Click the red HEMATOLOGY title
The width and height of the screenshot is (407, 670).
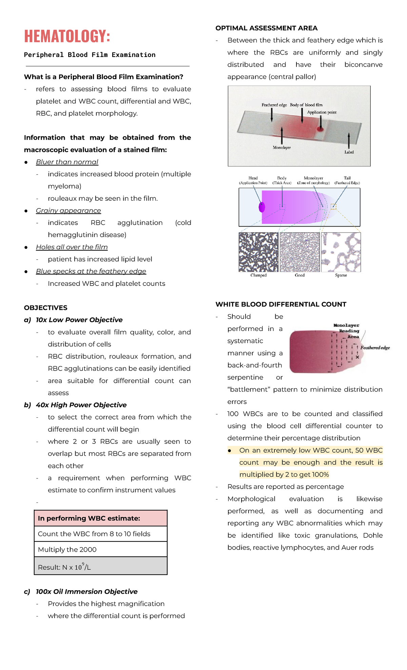tap(67, 36)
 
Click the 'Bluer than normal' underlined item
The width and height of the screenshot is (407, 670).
tap(67, 162)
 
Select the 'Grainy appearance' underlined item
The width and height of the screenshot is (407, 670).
tap(68, 211)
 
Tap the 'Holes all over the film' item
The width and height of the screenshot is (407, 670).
tap(72, 247)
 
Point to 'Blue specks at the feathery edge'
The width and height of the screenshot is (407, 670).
tap(91, 271)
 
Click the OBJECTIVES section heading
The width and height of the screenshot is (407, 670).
tap(45, 308)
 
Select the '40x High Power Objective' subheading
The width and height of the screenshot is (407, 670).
tap(81, 405)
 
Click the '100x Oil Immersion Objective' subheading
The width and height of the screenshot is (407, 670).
tap(86, 592)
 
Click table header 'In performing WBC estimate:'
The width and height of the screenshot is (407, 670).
tap(89, 518)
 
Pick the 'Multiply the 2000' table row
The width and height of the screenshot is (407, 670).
tap(67, 549)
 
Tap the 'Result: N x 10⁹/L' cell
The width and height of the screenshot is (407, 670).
tap(64, 567)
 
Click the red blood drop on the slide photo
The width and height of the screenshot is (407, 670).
tap(320, 129)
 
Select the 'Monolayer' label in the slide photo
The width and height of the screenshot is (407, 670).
tap(282, 147)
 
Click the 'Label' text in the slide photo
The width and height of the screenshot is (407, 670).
tap(349, 152)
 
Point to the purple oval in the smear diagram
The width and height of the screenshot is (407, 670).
tap(262, 207)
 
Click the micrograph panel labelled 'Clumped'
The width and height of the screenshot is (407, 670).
tap(258, 252)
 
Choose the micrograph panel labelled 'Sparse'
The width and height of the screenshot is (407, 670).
tap(341, 252)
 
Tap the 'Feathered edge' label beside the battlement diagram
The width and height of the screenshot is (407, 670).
tap(375, 348)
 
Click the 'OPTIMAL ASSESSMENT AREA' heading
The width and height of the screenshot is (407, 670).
tap(266, 28)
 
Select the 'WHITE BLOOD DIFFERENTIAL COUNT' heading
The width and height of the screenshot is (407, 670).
tap(280, 304)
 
